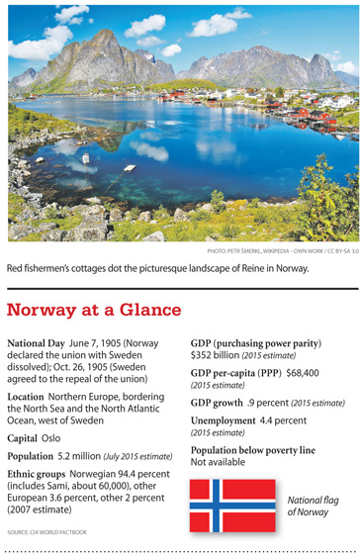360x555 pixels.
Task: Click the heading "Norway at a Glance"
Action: click(x=95, y=311)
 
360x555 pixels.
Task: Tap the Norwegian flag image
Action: click(x=232, y=505)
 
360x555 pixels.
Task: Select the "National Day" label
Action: click(x=38, y=342)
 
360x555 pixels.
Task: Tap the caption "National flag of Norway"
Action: click(x=312, y=506)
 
